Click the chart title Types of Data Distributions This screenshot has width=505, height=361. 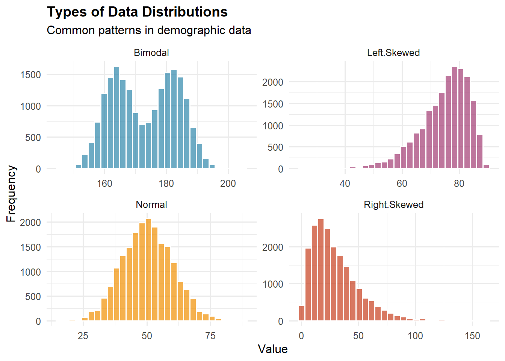[x=137, y=12]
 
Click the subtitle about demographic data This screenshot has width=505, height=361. [x=149, y=30]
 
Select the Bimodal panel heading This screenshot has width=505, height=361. [x=151, y=53]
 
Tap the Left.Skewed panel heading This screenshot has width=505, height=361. [x=393, y=53]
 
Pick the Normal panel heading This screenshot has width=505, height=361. [x=151, y=205]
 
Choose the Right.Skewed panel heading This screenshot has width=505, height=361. [x=393, y=205]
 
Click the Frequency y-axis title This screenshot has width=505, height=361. [x=11, y=194]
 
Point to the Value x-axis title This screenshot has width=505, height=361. [x=272, y=349]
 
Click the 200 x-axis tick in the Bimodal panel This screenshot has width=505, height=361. [x=228, y=184]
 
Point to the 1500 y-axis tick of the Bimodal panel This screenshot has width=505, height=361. [x=31, y=75]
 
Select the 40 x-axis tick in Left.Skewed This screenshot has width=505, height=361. [x=345, y=184]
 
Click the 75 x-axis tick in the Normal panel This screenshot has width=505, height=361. [x=210, y=336]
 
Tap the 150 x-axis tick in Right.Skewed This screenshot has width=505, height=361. [x=472, y=336]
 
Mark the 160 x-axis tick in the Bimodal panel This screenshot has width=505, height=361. [x=104, y=184]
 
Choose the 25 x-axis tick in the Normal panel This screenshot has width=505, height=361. [x=83, y=336]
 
